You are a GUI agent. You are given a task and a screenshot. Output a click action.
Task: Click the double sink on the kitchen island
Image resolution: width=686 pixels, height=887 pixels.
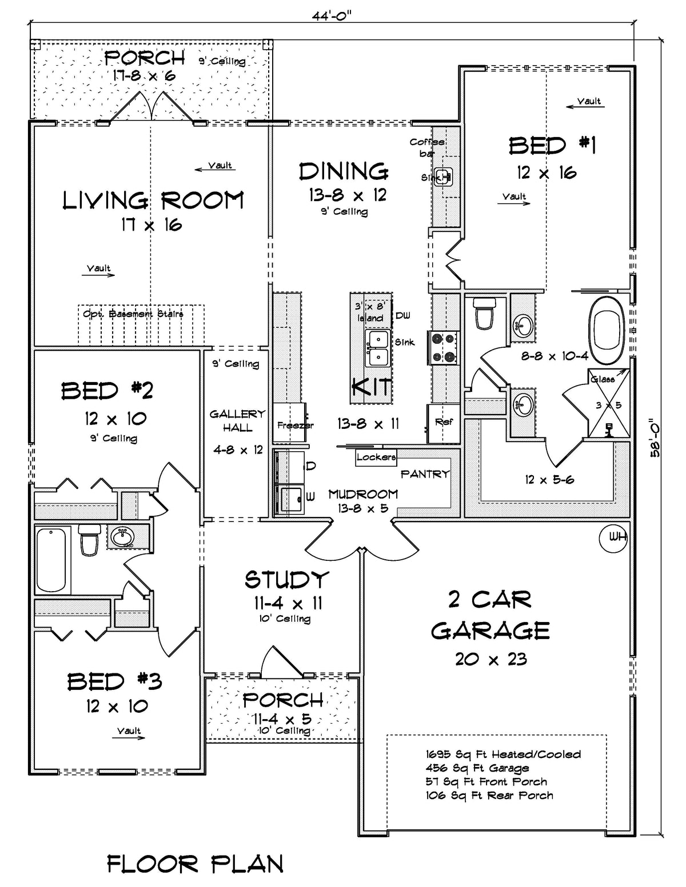pyautogui.click(x=378, y=348)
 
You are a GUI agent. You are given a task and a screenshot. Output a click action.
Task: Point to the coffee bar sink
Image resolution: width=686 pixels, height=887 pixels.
pyautogui.click(x=443, y=175)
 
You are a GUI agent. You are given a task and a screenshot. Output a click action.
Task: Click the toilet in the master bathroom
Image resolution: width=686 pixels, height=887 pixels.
pyautogui.click(x=484, y=314)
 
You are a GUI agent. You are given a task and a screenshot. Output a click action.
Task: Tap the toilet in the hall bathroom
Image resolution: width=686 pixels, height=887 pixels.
pyautogui.click(x=89, y=540)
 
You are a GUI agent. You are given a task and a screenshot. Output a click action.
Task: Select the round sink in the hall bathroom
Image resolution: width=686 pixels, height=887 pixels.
pyautogui.click(x=121, y=537)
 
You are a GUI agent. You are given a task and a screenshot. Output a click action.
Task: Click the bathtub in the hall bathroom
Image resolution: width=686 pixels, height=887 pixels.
pyautogui.click(x=51, y=560)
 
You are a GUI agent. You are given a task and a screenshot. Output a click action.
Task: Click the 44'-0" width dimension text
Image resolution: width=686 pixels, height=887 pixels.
pyautogui.click(x=332, y=15)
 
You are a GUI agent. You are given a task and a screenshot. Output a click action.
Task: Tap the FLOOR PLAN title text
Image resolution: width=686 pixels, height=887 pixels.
pyautogui.click(x=195, y=864)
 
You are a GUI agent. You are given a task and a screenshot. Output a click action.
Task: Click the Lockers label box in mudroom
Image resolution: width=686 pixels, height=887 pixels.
pyautogui.click(x=376, y=457)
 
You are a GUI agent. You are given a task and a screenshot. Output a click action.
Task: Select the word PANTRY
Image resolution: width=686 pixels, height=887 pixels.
pyautogui.click(x=425, y=474)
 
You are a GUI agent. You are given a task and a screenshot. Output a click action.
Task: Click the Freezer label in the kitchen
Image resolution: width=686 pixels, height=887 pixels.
pyautogui.click(x=295, y=425)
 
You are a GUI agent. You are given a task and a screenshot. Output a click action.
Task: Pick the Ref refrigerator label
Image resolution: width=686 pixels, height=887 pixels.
pyautogui.click(x=444, y=422)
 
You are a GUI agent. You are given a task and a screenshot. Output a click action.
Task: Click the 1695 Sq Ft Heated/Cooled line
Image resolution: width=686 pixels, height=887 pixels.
pyautogui.click(x=503, y=754)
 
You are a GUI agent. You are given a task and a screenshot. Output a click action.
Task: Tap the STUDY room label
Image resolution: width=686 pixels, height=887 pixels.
pyautogui.click(x=287, y=580)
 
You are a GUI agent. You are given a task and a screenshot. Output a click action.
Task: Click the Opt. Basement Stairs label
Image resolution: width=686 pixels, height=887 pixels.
pyautogui.click(x=133, y=314)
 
